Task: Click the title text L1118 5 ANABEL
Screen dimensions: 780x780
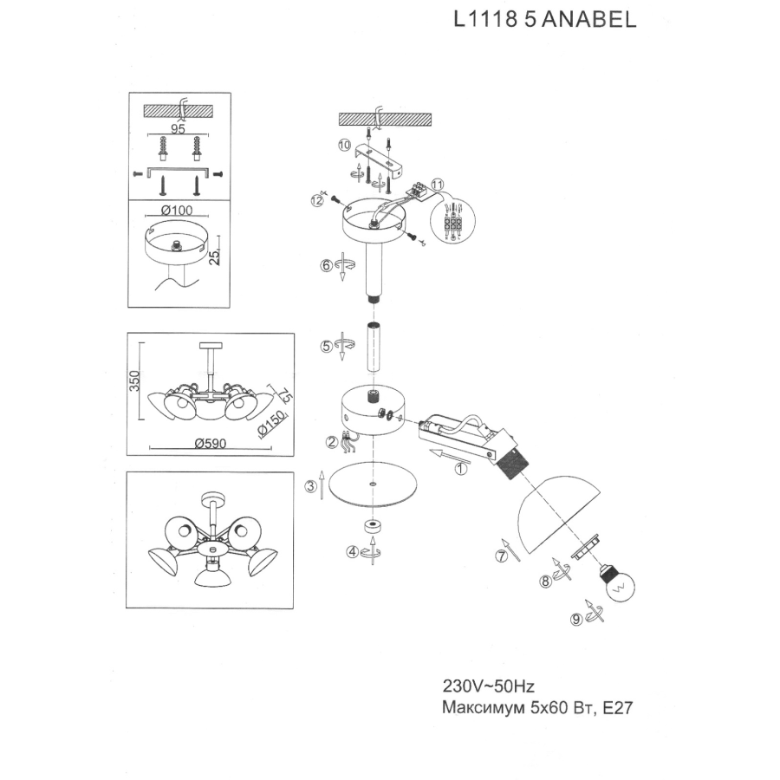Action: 544,20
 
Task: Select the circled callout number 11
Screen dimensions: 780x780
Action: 437,185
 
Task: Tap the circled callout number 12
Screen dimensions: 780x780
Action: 318,200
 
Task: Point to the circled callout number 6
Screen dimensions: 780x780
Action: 327,265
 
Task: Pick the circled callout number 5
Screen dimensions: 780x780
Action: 327,346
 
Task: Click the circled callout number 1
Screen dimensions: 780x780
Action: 461,469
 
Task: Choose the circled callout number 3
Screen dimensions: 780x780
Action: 310,486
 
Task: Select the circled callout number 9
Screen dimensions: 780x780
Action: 575,618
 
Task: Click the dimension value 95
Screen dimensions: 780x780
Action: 179,128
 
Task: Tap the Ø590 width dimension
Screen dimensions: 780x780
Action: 210,443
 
